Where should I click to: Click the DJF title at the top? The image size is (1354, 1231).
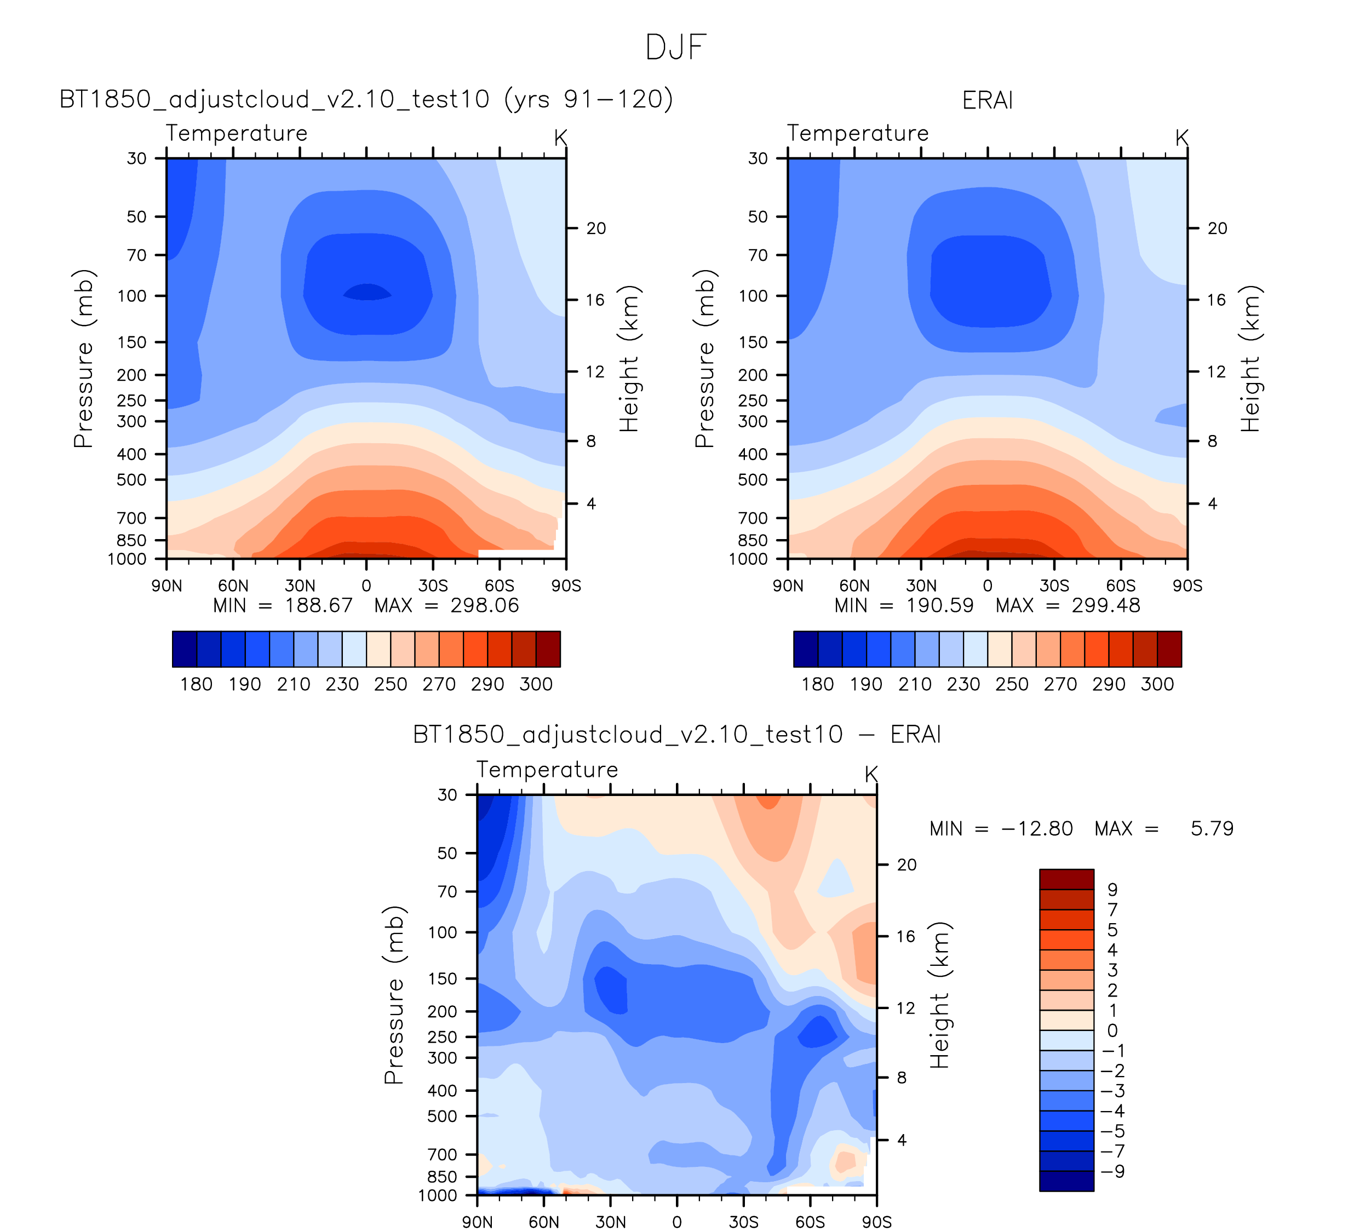click(676, 48)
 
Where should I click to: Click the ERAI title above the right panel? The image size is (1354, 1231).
click(986, 100)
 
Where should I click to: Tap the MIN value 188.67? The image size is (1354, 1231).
click(318, 606)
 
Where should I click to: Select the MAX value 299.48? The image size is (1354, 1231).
click(1105, 606)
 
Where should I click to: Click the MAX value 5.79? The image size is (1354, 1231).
click(1212, 829)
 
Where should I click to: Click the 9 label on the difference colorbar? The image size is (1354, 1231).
click(1112, 890)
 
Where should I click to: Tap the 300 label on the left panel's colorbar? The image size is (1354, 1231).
click(536, 684)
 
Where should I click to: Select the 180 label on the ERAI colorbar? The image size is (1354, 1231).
click(817, 684)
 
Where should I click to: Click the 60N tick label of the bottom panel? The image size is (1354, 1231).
click(543, 1222)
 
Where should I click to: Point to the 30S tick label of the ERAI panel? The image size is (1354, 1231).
click(1054, 586)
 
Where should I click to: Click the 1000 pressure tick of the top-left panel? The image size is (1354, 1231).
click(127, 559)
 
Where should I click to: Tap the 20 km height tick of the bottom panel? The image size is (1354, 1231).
click(907, 865)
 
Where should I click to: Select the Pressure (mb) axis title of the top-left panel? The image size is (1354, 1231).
click(83, 359)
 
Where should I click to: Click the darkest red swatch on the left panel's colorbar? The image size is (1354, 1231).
click(548, 649)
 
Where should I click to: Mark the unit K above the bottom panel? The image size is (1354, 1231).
click(871, 774)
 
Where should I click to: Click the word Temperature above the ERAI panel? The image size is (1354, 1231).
click(858, 133)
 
